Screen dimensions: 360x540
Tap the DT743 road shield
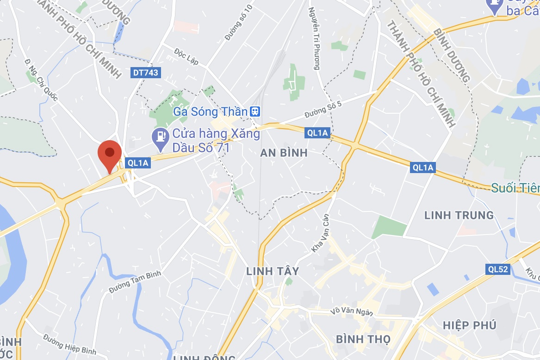pyautogui.click(x=145, y=73)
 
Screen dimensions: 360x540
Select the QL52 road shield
pyautogui.click(x=498, y=269)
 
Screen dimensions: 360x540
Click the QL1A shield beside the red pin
pyautogui.click(x=137, y=162)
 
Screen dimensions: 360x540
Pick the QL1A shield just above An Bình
pyautogui.click(x=317, y=133)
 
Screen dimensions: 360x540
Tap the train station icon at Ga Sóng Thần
pyautogui.click(x=255, y=112)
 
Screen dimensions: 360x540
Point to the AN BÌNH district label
pyautogui.click(x=284, y=153)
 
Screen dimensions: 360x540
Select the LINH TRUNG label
pyautogui.click(x=459, y=215)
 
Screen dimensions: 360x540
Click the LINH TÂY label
pyautogui.click(x=273, y=271)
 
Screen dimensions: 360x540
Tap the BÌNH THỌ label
pyautogui.click(x=363, y=339)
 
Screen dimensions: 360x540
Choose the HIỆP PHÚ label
pyautogui.click(x=469, y=325)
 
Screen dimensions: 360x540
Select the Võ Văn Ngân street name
pyautogui.click(x=352, y=312)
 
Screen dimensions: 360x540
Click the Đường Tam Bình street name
pyautogui.click(x=135, y=282)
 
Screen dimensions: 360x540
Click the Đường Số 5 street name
pyautogui.click(x=323, y=110)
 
